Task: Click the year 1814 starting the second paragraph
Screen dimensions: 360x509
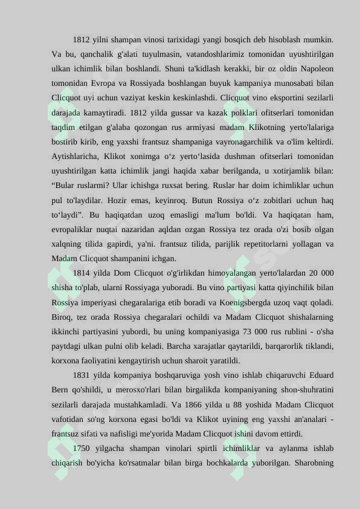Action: [x=82, y=273]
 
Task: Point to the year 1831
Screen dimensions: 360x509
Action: [x=82, y=375]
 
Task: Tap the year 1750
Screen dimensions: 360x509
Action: [x=82, y=449]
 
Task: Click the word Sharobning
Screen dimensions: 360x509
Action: [x=313, y=463]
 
